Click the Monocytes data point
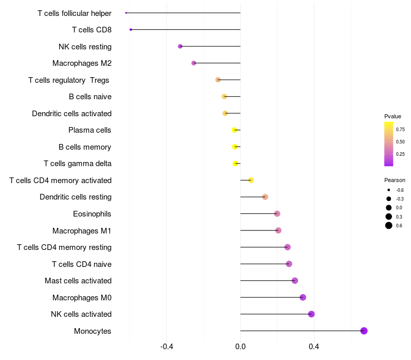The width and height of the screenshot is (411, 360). click(x=364, y=331)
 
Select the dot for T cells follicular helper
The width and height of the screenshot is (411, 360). click(x=126, y=13)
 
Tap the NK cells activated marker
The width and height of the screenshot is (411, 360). click(x=311, y=314)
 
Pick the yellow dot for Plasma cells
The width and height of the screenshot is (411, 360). click(x=234, y=130)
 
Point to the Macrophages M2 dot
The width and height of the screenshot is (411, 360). click(x=194, y=63)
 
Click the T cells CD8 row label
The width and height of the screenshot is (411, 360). click(x=91, y=30)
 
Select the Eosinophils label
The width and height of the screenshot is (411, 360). click(x=92, y=214)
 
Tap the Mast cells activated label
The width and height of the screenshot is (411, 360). click(x=78, y=281)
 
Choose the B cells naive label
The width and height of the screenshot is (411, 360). click(x=90, y=97)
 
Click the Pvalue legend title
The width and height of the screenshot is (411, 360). click(x=393, y=117)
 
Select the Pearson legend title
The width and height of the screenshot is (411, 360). click(x=395, y=181)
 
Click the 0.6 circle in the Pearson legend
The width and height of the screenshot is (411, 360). click(x=389, y=225)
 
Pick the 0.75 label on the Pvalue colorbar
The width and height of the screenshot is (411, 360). click(x=400, y=130)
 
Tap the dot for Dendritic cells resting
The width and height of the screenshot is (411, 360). click(x=265, y=197)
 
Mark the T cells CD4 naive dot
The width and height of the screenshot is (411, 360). click(x=289, y=264)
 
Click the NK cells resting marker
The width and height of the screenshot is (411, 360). click(x=180, y=46)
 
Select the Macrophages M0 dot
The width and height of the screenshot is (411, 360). click(x=303, y=297)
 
